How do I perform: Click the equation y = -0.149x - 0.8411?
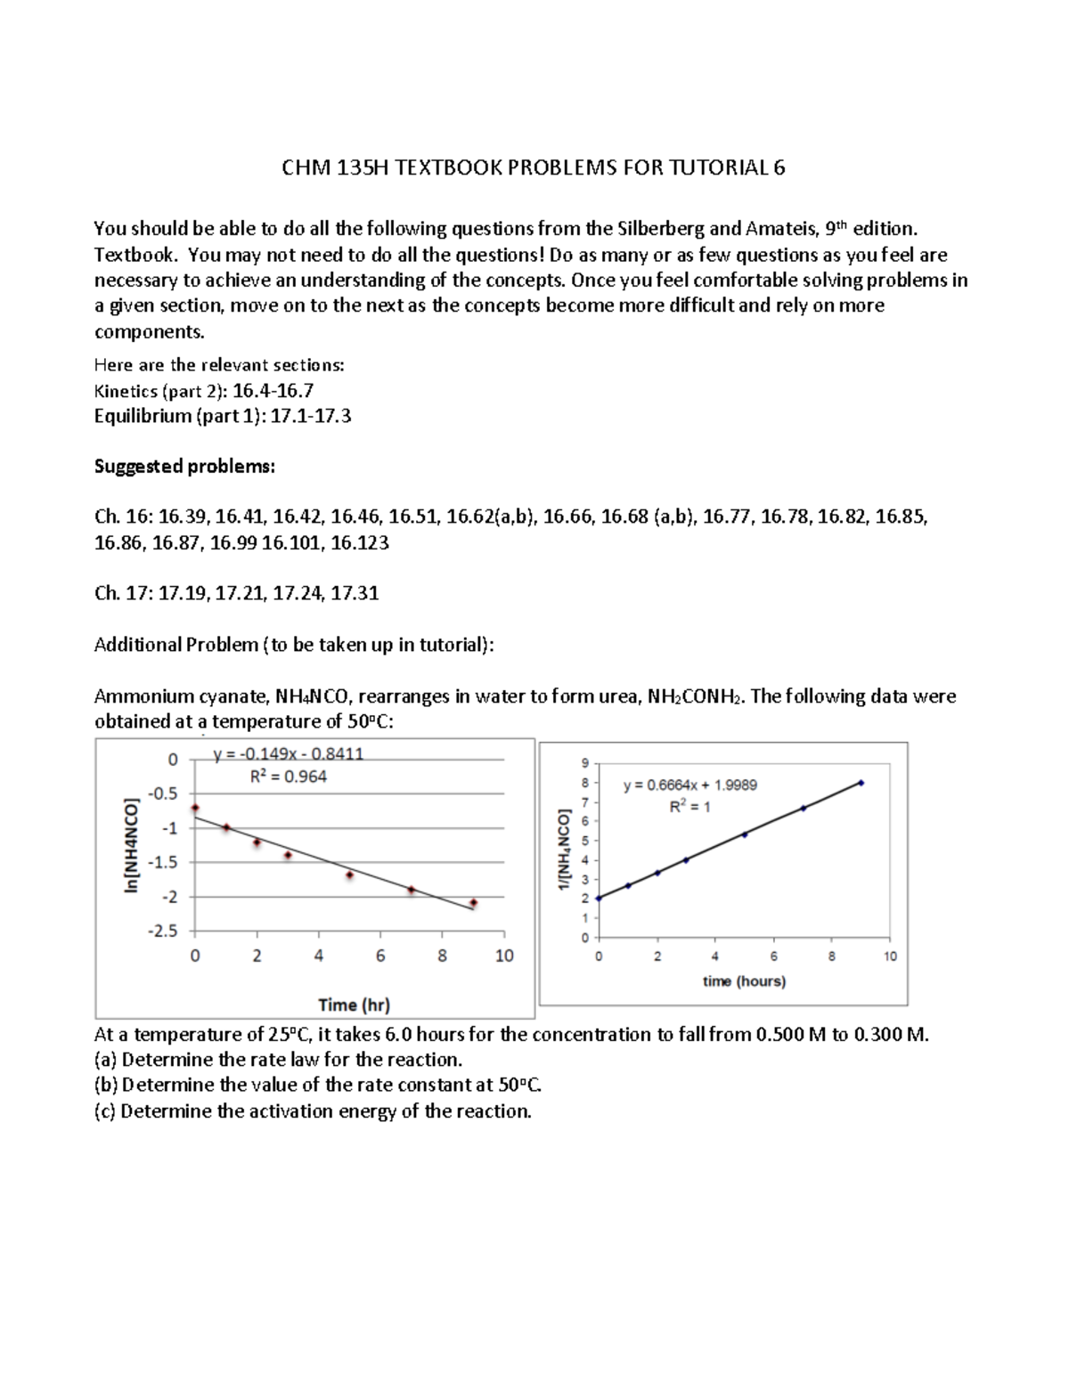click(288, 754)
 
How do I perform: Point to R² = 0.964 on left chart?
click(288, 777)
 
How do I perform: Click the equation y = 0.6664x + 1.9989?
click(690, 785)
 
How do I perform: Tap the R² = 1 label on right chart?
click(690, 807)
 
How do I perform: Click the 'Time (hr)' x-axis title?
click(354, 1005)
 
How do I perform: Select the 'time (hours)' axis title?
click(744, 980)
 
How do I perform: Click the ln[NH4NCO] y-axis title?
click(132, 845)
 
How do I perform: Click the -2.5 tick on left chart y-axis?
click(164, 931)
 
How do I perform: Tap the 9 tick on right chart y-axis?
click(584, 763)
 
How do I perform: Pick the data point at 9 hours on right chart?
click(861, 783)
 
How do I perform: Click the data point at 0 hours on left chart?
click(195, 808)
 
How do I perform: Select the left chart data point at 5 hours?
click(349, 875)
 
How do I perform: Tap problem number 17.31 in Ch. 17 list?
click(355, 593)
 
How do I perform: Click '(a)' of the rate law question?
click(106, 1060)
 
